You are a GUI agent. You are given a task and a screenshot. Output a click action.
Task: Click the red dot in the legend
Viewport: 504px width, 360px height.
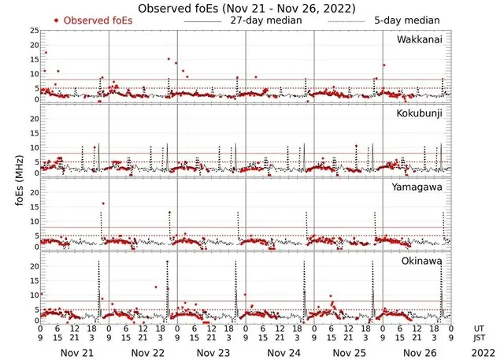[57, 20]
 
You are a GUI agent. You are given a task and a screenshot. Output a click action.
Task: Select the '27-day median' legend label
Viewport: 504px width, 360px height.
[265, 20]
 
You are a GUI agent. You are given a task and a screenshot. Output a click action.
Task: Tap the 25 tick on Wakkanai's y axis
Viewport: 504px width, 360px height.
[33, 31]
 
